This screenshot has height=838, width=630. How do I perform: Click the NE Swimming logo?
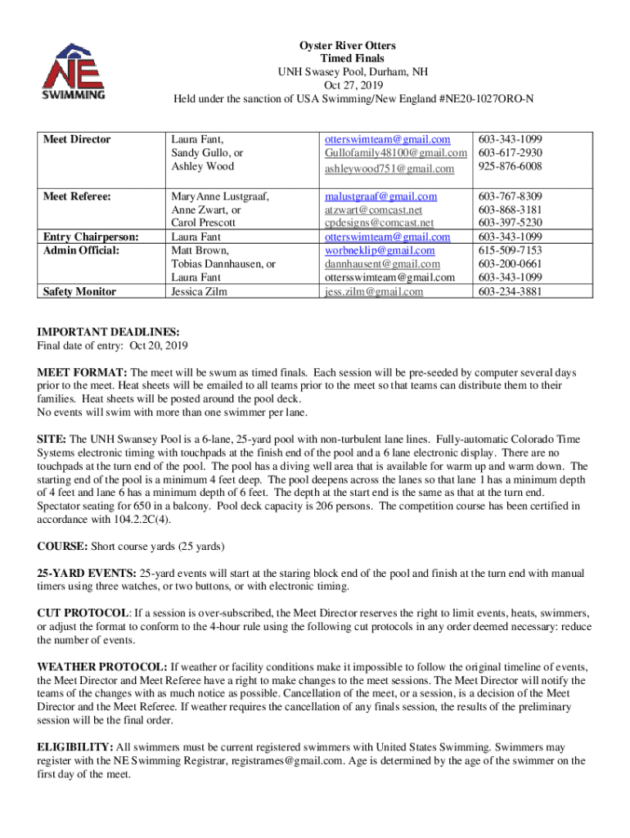tap(74, 71)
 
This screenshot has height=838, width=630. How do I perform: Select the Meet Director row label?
tap(77, 139)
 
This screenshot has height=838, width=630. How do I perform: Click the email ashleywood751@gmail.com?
tap(389, 169)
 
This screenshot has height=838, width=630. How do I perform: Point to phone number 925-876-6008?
tap(510, 166)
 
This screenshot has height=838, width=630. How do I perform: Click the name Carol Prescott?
tap(203, 223)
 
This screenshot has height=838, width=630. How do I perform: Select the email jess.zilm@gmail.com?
tap(374, 291)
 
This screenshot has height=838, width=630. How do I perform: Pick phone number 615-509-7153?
tap(510, 250)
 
